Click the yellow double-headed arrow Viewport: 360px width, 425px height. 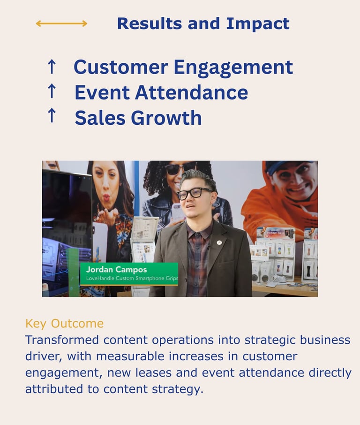coord(61,23)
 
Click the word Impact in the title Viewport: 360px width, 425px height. coord(258,24)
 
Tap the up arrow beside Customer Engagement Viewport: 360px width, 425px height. coord(52,67)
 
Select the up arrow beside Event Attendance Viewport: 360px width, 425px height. coord(52,91)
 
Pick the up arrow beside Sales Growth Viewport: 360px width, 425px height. coord(52,115)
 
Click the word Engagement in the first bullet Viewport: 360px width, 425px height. coord(233,68)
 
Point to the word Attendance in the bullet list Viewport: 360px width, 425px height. coord(191,92)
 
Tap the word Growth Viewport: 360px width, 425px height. coord(166,118)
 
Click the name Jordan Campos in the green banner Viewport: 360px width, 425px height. coord(116,269)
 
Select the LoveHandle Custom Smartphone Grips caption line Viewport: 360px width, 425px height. coord(132,278)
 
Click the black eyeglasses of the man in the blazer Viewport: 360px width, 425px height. coord(194,193)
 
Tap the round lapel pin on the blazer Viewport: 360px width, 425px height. coord(219,242)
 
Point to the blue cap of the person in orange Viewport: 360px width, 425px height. coord(287,167)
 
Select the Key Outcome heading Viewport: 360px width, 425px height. coord(65,324)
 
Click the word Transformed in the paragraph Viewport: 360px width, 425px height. coord(62,340)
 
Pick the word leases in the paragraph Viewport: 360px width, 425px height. coord(153,372)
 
